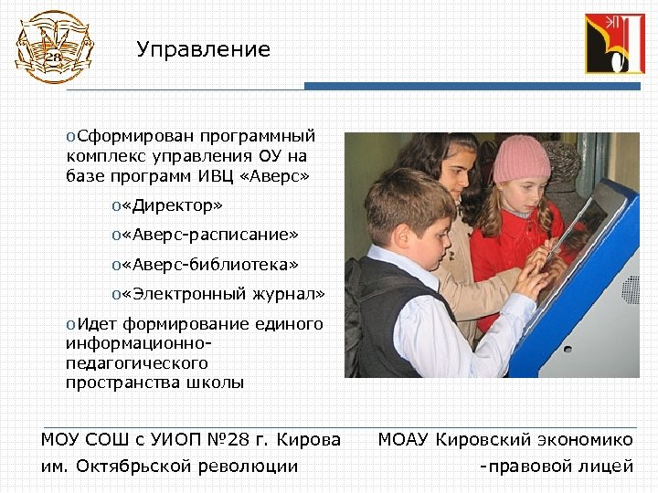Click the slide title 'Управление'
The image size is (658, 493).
coord(203,50)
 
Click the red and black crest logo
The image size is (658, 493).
coord(614,43)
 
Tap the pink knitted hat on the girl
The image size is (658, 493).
coord(522,158)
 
